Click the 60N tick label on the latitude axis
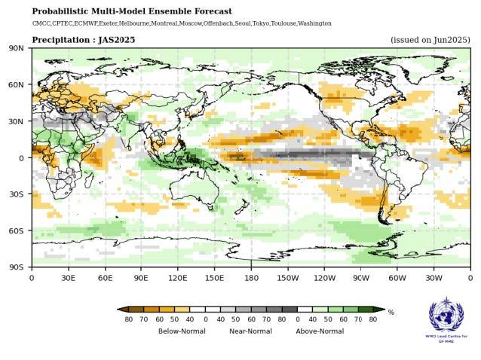16,84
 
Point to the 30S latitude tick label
16,194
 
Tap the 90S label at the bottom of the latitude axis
16,267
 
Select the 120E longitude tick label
177,277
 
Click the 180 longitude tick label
250,277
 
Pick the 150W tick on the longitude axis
287,277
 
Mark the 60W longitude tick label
397,277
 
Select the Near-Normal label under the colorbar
250,331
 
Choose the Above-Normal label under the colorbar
320,331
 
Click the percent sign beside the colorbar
391,312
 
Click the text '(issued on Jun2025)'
430,39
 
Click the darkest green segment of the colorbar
365,309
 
